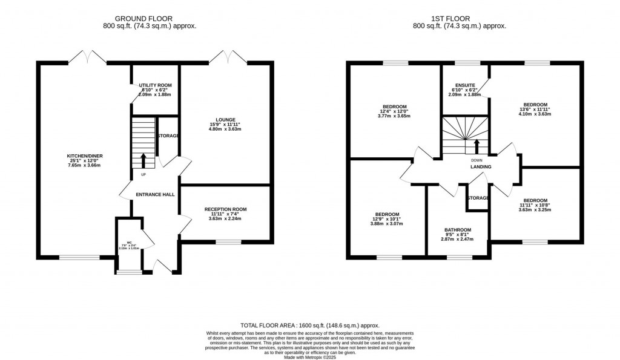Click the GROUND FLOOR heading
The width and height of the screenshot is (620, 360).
coord(150,18)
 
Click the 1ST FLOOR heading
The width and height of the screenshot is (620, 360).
coord(459,18)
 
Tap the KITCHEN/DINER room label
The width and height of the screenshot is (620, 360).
coord(85,156)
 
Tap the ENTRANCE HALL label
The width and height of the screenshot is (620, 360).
coord(155,194)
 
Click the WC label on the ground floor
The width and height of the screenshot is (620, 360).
coord(128,241)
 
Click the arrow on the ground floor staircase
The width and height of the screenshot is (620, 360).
coord(143,160)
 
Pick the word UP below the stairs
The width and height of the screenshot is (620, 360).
coord(143,175)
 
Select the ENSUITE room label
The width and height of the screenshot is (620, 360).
coord(465,85)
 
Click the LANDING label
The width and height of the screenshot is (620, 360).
coord(481,167)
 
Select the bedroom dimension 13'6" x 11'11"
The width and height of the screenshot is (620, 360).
coord(535,109)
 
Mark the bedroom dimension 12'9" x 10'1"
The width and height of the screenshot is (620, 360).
coord(387,219)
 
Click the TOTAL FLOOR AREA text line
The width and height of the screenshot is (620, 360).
coord(309,325)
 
